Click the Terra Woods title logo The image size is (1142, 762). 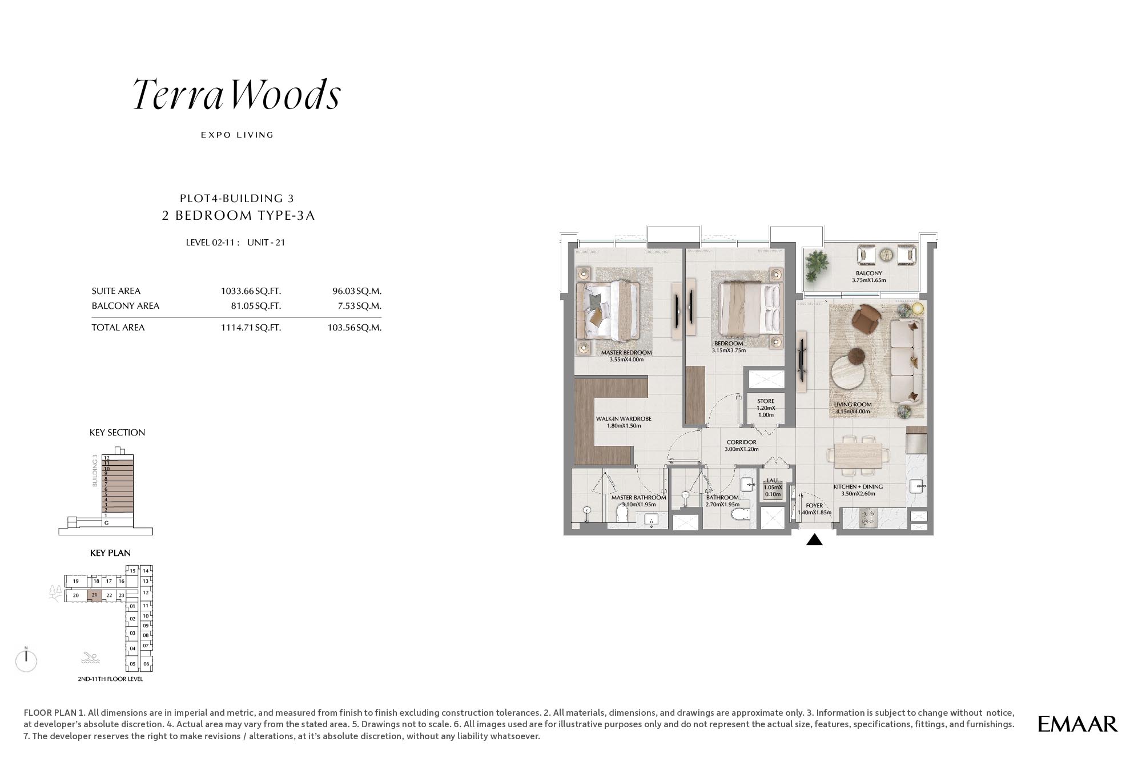pos(237,94)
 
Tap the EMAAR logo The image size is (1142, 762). pos(1077,724)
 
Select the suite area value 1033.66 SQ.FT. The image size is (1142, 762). pos(251,291)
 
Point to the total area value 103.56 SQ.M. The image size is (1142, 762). pos(355,328)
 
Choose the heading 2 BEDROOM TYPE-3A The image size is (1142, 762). pos(239,215)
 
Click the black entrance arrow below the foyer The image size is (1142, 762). pos(814,539)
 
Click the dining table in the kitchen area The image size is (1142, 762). pos(858,455)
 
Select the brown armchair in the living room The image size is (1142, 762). pos(867,318)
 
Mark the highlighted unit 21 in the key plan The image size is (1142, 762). pos(94,595)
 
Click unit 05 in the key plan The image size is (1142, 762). pos(132,664)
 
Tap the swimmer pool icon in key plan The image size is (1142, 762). pos(90,658)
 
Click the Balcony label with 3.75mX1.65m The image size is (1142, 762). pos(869,277)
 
